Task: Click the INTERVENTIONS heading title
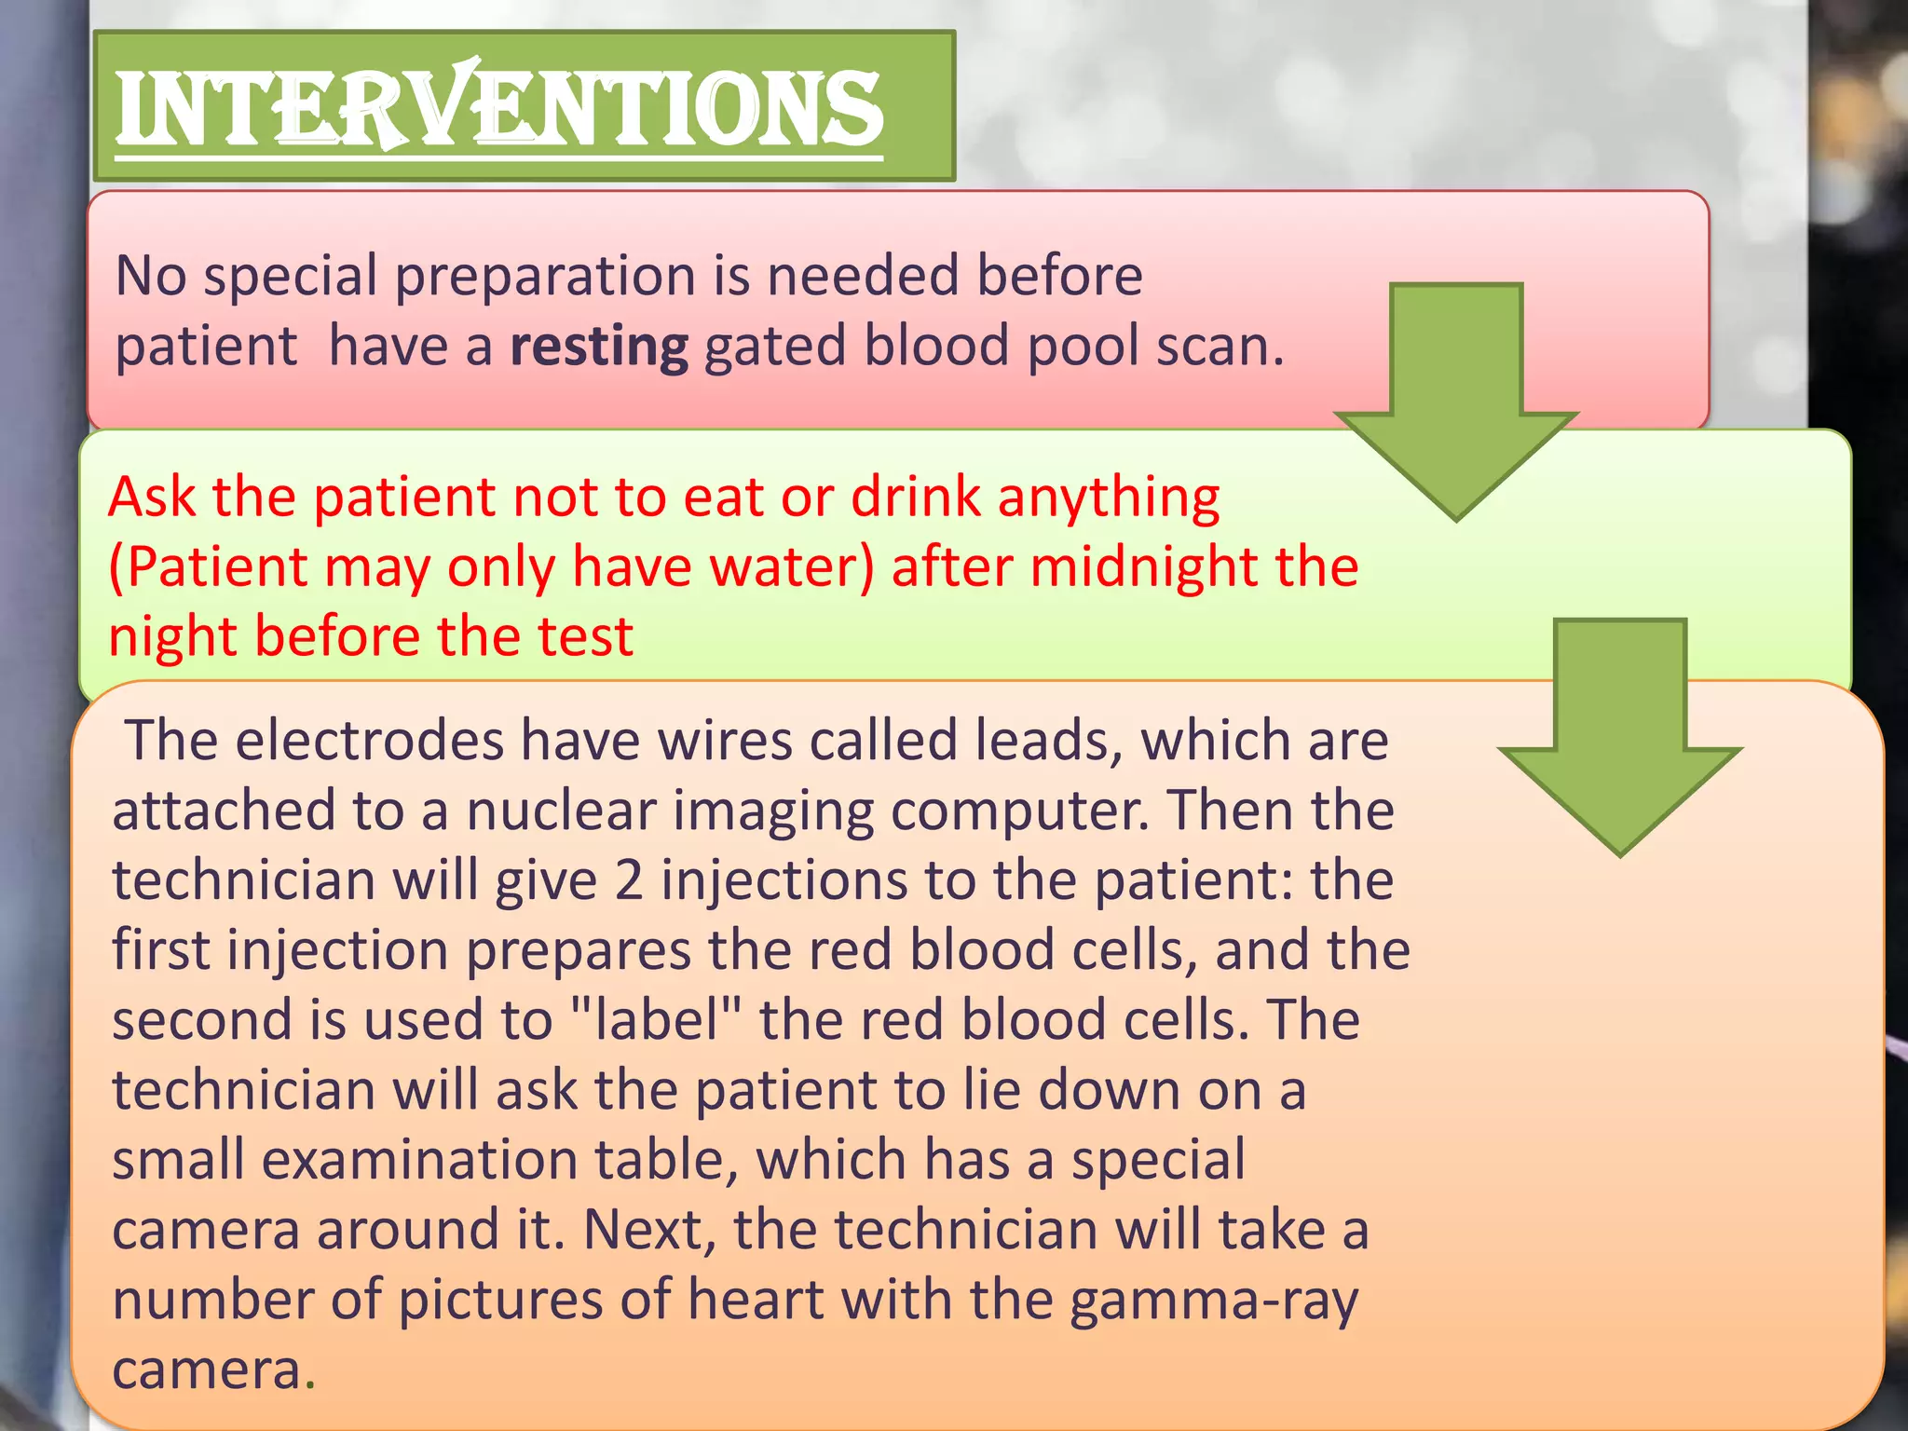499,109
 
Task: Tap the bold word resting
599,347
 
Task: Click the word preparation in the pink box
545,277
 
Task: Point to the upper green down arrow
1456,401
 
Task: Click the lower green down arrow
1620,736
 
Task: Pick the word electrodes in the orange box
369,741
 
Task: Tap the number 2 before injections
629,880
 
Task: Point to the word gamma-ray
1213,1301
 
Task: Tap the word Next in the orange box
649,1230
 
